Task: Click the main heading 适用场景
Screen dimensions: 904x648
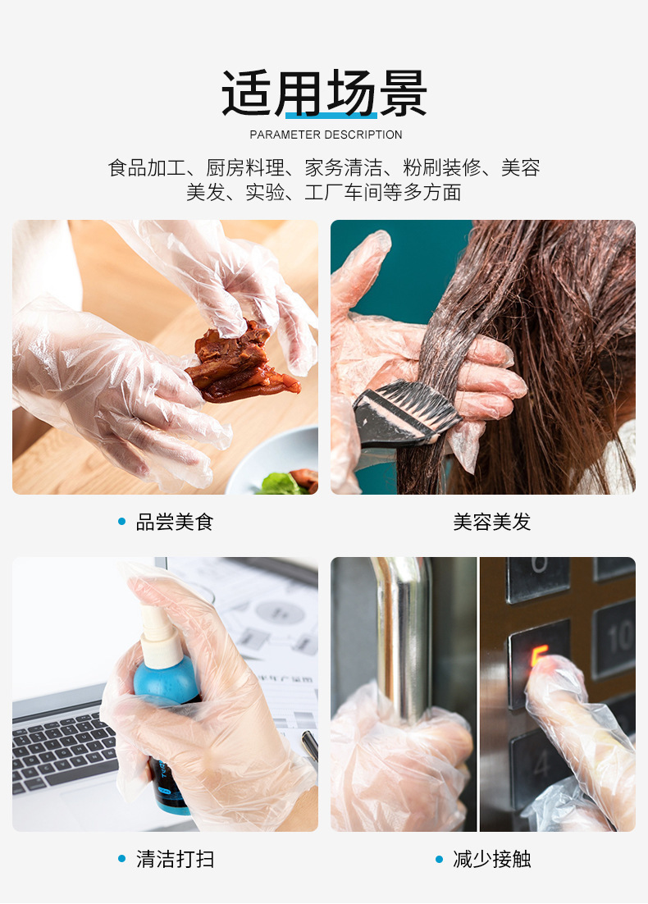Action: pyautogui.click(x=324, y=94)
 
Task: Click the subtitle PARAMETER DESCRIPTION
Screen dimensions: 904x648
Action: pyautogui.click(x=326, y=135)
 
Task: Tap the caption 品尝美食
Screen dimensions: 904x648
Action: pyautogui.click(x=174, y=522)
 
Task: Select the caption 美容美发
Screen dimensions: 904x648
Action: pyautogui.click(x=492, y=522)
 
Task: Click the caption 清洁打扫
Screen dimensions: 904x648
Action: pyautogui.click(x=174, y=859)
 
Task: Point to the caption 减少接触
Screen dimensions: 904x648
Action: pyautogui.click(x=492, y=859)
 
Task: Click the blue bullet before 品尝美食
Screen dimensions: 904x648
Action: pyautogui.click(x=122, y=522)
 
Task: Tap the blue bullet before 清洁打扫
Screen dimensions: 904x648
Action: pyautogui.click(x=122, y=859)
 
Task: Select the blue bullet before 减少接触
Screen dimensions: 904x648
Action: pyautogui.click(x=440, y=859)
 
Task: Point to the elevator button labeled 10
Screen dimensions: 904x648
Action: pyautogui.click(x=614, y=636)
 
